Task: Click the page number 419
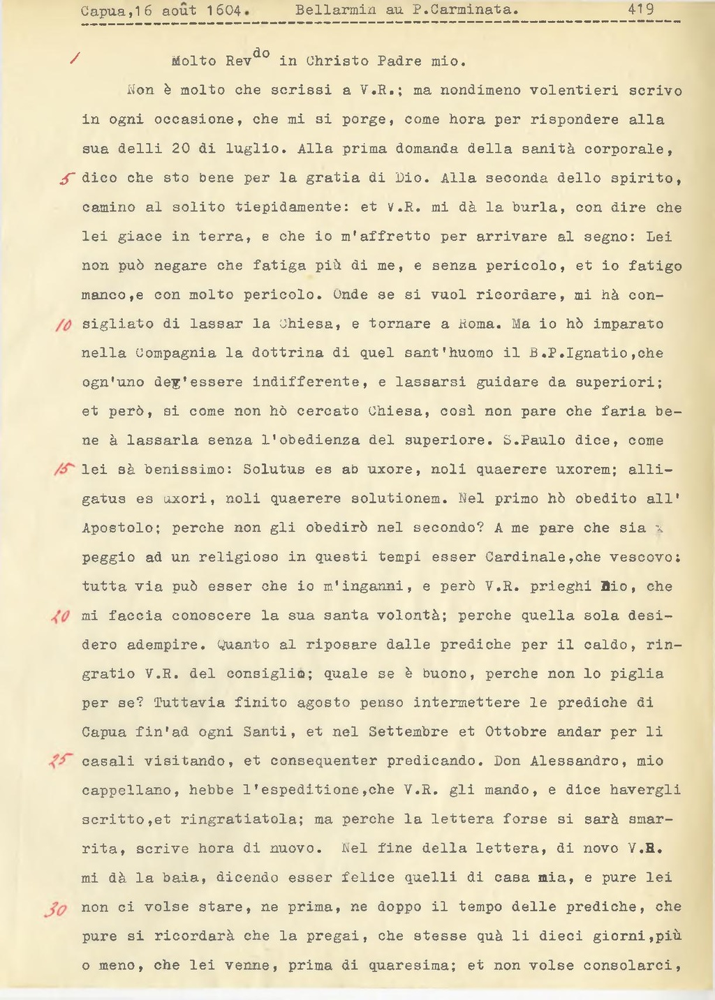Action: (x=640, y=10)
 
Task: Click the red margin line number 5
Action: (x=66, y=179)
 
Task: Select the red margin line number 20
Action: (x=61, y=616)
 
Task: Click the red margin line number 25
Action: (x=61, y=761)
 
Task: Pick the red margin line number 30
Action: (x=56, y=909)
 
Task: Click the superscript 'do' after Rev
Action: (x=261, y=52)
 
